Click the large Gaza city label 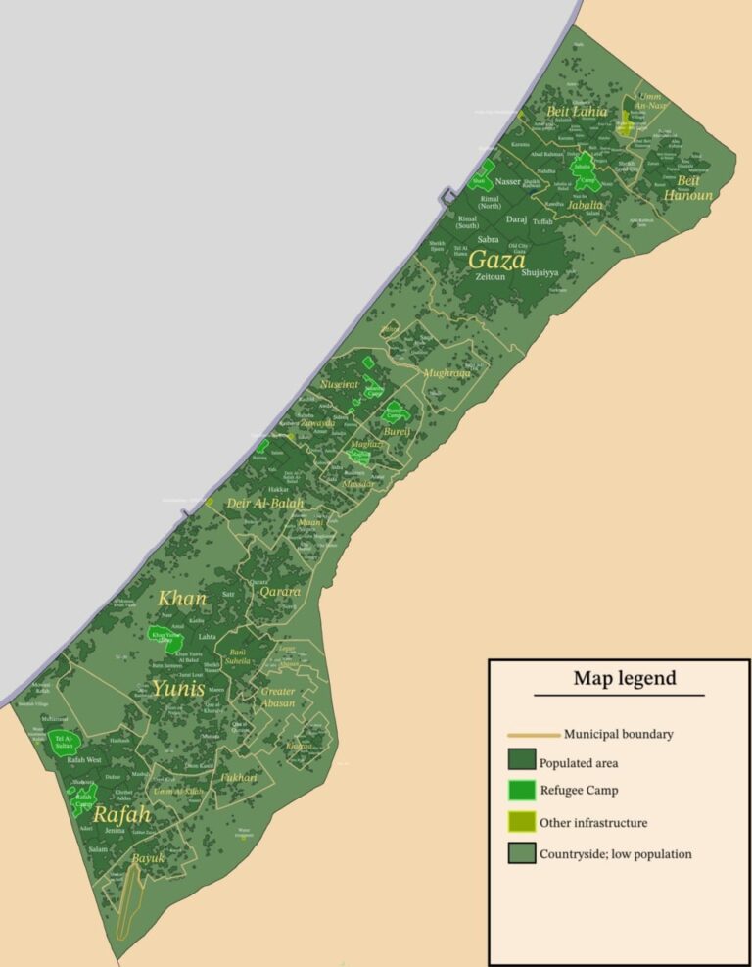pyautogui.click(x=496, y=260)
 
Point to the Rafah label pyautogui.click(x=121, y=815)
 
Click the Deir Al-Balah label pyautogui.click(x=264, y=503)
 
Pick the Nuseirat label pyautogui.click(x=339, y=384)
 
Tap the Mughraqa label pyautogui.click(x=446, y=372)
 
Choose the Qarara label pyautogui.click(x=279, y=592)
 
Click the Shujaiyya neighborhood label pyautogui.click(x=540, y=272)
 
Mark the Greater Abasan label pyautogui.click(x=277, y=698)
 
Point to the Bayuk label pyautogui.click(x=148, y=858)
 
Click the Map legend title pyautogui.click(x=624, y=678)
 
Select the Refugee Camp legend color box pyautogui.click(x=522, y=791)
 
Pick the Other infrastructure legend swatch pyautogui.click(x=522, y=822)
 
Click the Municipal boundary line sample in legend pyautogui.click(x=534, y=735)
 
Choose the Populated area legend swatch pyautogui.click(x=522, y=760)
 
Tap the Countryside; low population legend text pyautogui.click(x=615, y=854)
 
